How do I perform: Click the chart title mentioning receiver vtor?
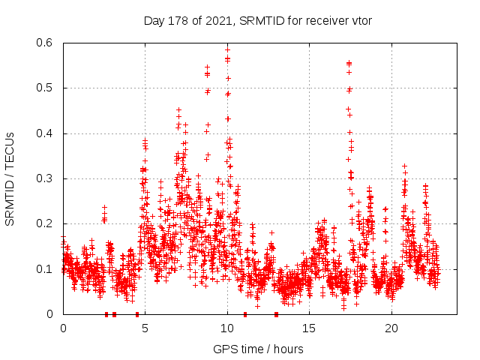(258, 20)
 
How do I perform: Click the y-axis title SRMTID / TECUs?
(10, 178)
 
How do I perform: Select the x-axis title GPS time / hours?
(258, 349)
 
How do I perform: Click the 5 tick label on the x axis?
(145, 328)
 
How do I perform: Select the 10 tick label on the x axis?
(227, 328)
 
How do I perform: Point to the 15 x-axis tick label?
(309, 328)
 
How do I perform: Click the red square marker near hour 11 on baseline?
(244, 314)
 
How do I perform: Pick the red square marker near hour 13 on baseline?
(277, 314)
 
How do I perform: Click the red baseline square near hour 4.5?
(137, 314)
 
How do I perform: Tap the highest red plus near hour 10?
(227, 49)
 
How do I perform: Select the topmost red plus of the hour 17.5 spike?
(349, 63)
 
